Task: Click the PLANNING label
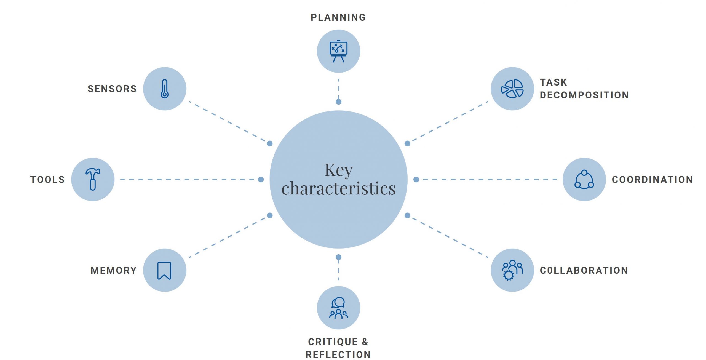click(x=338, y=17)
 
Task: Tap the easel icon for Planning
click(x=338, y=51)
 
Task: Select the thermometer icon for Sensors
click(x=165, y=89)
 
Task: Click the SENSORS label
click(x=112, y=89)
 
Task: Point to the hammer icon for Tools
click(x=93, y=179)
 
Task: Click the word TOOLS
click(x=47, y=180)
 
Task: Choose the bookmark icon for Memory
click(x=164, y=270)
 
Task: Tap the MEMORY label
click(x=114, y=270)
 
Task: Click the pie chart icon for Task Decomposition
click(x=512, y=89)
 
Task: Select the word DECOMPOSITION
click(x=584, y=95)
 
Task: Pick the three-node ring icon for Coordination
click(x=584, y=180)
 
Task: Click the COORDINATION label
click(x=652, y=180)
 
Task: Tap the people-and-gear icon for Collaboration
click(x=512, y=270)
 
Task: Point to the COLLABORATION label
click(x=584, y=270)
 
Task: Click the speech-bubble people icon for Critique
click(x=338, y=308)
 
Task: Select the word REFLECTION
click(x=338, y=354)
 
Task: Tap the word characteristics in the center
click(x=338, y=189)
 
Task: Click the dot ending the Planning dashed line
click(x=339, y=102)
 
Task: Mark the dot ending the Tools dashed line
click(x=261, y=180)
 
